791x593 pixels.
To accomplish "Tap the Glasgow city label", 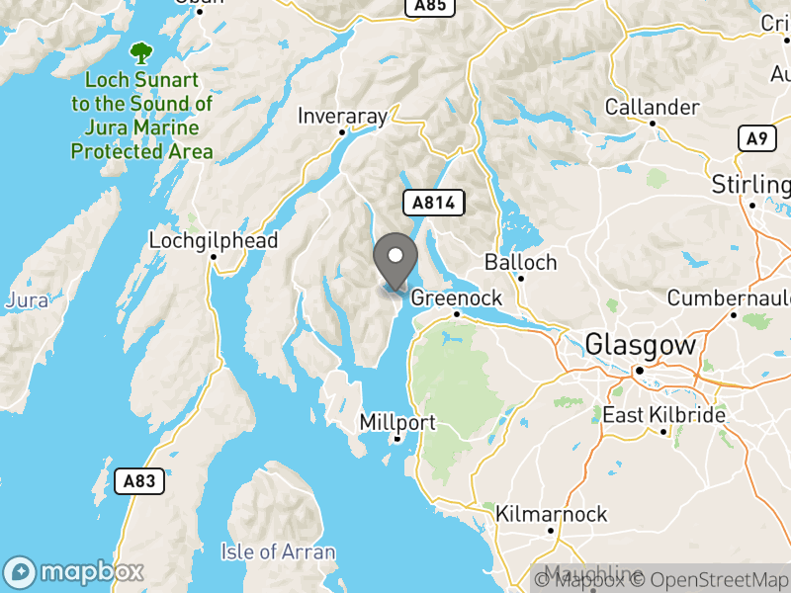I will (640, 345).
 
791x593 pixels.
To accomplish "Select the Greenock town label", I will (457, 296).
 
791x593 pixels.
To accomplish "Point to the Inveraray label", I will (343, 116).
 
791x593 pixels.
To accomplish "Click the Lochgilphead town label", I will (214, 240).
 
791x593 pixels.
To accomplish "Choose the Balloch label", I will (520, 263).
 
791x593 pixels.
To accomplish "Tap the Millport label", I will (397, 422).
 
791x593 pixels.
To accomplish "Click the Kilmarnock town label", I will (552, 514).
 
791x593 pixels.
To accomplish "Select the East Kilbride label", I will (664, 416).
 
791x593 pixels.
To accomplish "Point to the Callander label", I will (653, 107).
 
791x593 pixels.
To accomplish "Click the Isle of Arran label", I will (279, 551).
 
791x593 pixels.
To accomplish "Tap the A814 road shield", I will (433, 203).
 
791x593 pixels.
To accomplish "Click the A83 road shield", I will (139, 481).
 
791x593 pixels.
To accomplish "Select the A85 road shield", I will (429, 7).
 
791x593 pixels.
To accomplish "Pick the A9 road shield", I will (756, 138).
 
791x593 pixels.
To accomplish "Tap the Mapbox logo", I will (74, 571).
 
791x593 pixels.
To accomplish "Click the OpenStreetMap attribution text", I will (710, 580).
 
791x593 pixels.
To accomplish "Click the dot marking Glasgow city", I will (640, 372).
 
